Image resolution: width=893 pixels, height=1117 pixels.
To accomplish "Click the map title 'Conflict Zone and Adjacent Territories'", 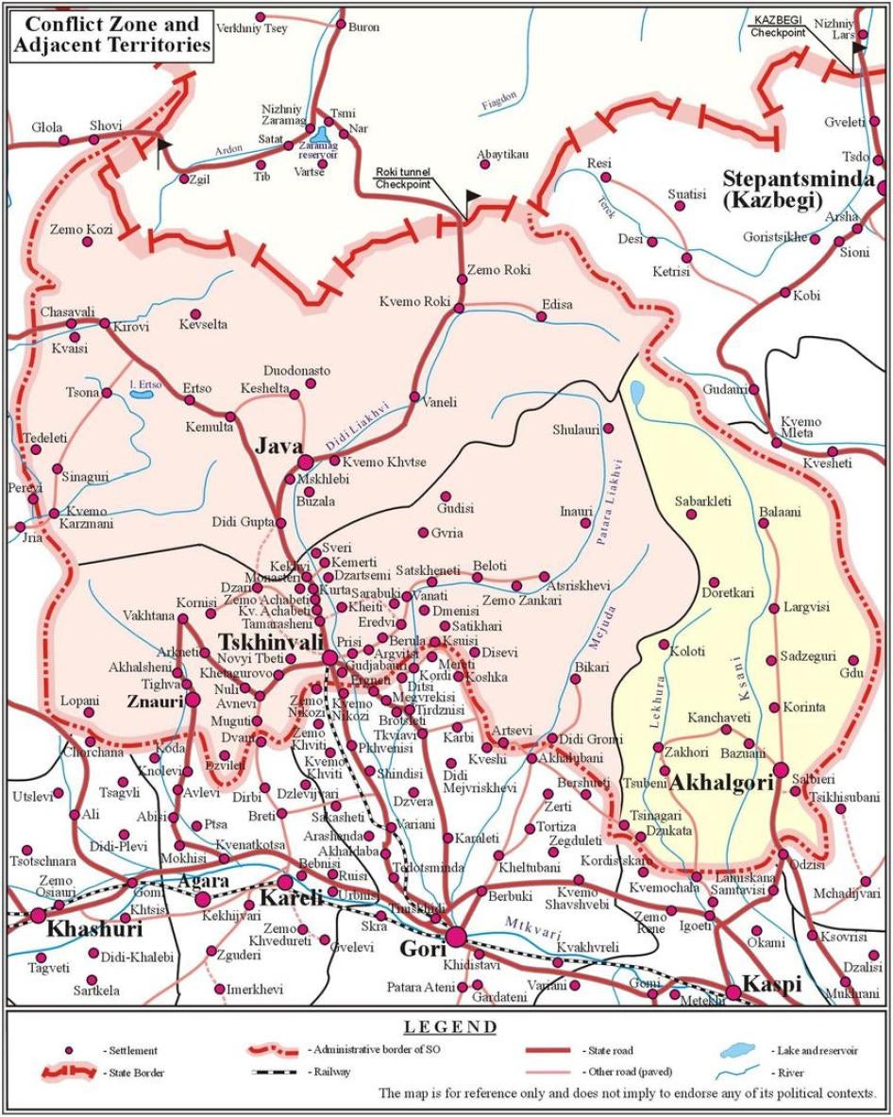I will [111, 33].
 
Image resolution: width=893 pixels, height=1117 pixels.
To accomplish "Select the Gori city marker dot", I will [457, 936].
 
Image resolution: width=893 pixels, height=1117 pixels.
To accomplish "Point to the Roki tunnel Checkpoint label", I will [403, 178].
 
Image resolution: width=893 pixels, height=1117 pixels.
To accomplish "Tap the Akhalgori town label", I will [722, 783].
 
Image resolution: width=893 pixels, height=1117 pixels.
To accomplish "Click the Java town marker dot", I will [306, 462].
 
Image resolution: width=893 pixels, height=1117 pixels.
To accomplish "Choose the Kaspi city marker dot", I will [733, 991].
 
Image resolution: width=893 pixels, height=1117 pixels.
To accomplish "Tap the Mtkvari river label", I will [527, 922].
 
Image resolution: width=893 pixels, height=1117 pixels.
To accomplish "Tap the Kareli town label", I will [292, 897].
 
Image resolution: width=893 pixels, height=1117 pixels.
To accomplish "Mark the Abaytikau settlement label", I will [502, 154].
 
